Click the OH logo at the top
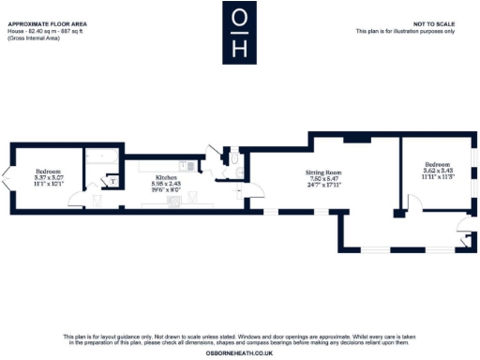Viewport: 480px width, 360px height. pos(239,33)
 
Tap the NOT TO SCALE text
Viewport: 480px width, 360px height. pos(433,22)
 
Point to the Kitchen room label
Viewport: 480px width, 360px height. pos(167,175)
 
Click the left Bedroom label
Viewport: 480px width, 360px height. pos(48,171)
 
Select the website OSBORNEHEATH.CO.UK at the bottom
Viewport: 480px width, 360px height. pos(239,353)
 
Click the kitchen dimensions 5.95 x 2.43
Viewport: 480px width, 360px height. pos(167,182)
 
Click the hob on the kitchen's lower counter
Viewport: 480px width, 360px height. pos(172,200)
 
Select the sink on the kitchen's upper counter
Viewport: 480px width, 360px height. pos(189,165)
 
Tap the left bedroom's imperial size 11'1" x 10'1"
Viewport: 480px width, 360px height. pos(48,184)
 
